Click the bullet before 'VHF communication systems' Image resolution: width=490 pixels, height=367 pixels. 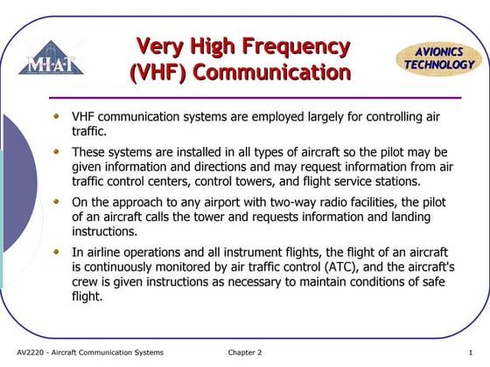[x=58, y=114]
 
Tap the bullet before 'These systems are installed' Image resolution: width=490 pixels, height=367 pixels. [x=58, y=150]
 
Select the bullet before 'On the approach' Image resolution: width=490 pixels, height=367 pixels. [x=58, y=200]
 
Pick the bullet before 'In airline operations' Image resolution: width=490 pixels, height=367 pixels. [x=58, y=251]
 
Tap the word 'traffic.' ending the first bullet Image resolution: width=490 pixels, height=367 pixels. [x=88, y=131]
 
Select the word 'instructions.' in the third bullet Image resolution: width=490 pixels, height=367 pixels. [x=104, y=232]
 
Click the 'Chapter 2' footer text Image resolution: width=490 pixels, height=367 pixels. [x=245, y=352]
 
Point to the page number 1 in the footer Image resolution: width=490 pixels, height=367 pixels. [x=470, y=352]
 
